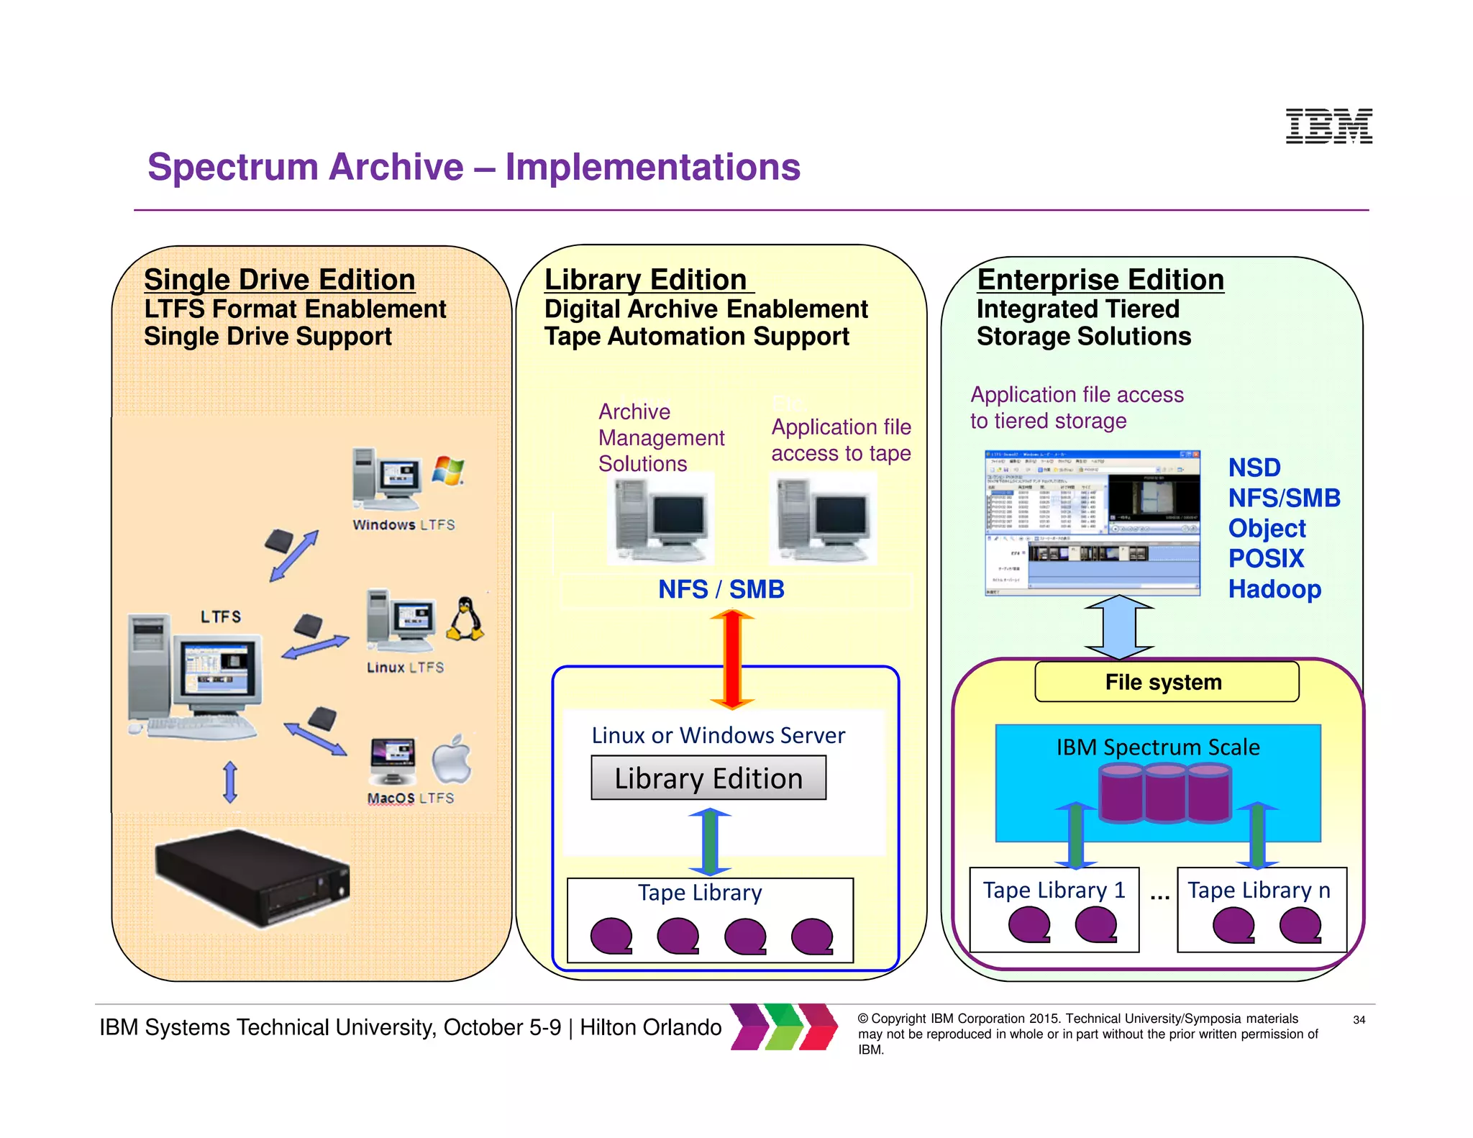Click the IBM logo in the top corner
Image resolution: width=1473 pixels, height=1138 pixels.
(1328, 127)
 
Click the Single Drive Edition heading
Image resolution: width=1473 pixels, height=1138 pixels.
(279, 280)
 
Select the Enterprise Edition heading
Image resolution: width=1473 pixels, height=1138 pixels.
(1100, 280)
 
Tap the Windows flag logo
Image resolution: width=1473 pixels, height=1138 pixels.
(447, 470)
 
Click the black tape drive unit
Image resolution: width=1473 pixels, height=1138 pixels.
(252, 878)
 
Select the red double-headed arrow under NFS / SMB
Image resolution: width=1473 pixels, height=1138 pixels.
(731, 659)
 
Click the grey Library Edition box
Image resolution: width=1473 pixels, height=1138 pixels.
(708, 778)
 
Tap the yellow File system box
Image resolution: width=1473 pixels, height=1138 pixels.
(1166, 682)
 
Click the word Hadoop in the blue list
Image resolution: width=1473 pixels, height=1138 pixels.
(1274, 589)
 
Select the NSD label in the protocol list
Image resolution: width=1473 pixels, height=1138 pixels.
(1254, 468)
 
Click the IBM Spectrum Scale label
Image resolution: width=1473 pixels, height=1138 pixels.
(1157, 747)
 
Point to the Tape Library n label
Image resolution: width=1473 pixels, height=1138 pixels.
(1259, 890)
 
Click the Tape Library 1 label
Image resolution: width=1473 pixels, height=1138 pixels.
(1054, 890)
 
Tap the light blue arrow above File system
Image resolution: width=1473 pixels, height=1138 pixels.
(1119, 627)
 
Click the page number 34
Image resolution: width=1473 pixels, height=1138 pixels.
(1359, 1019)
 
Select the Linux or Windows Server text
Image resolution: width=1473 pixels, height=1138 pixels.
(718, 735)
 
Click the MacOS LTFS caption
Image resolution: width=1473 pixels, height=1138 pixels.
(410, 798)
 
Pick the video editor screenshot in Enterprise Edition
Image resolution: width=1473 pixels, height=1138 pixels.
(1092, 523)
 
